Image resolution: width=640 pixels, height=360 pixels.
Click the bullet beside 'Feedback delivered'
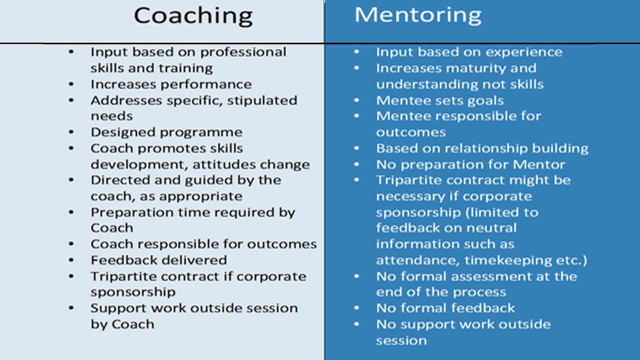(71, 260)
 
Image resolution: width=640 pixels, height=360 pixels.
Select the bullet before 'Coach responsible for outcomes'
(71, 244)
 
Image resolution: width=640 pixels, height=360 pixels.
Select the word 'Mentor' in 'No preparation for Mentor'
(539, 165)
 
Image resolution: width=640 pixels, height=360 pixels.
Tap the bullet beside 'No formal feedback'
(357, 308)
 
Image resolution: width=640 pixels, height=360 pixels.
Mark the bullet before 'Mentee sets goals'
(357, 100)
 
